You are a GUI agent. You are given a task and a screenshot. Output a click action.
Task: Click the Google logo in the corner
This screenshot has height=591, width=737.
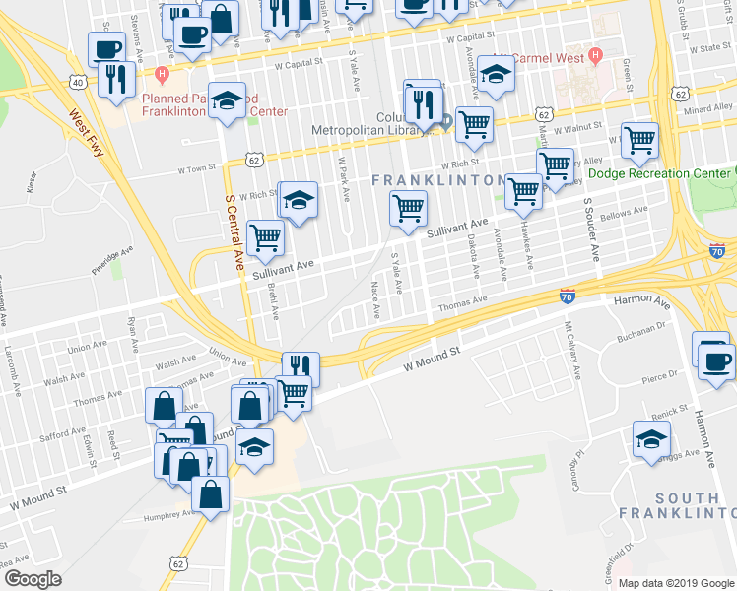click(33, 578)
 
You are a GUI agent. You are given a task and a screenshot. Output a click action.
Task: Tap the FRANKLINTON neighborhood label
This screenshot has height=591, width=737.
click(438, 180)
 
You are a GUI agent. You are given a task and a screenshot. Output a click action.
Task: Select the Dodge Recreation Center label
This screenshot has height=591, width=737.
click(659, 173)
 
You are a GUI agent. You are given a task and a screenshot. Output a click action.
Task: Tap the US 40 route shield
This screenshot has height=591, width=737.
click(77, 82)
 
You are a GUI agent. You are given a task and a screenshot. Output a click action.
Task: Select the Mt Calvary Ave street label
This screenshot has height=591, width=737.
click(573, 349)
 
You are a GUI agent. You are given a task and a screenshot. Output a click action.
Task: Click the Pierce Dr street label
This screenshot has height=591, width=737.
click(659, 375)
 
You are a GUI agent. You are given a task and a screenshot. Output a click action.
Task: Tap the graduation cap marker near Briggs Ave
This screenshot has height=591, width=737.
click(651, 439)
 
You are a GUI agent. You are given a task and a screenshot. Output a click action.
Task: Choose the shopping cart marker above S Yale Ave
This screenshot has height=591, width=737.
click(408, 208)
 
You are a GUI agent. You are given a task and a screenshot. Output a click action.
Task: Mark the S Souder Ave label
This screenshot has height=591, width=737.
click(591, 230)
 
